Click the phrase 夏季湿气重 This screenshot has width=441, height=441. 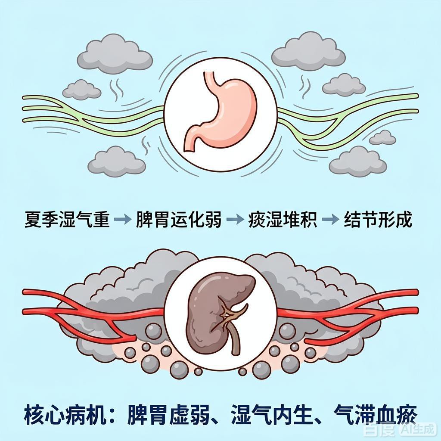coord(67,220)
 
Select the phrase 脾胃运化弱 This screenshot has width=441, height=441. coord(179,220)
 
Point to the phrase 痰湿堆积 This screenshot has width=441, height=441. coord(283,220)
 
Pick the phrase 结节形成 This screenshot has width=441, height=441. coord(378,220)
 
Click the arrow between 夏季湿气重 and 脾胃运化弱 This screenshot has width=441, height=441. coord(123,219)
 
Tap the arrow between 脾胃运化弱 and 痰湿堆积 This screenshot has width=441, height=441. coord(235,219)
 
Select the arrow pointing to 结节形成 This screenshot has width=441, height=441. coord(330,219)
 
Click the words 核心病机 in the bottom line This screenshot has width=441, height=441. coord(65,415)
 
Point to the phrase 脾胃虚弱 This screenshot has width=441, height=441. coord(169,415)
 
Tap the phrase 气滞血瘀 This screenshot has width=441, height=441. coord(375,415)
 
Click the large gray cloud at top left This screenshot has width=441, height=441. coord(115,54)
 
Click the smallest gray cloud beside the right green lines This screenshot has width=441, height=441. coord(382,137)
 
